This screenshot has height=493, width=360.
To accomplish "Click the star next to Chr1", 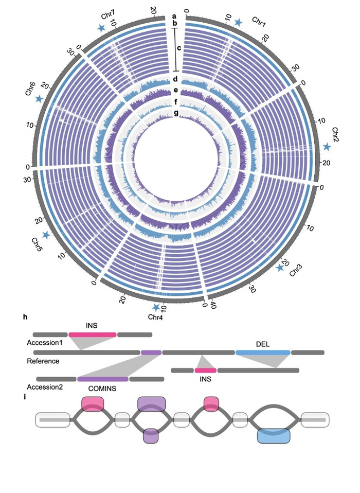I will pyautogui.click(x=238, y=23).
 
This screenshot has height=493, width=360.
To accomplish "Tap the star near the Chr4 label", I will pyautogui.click(x=156, y=308).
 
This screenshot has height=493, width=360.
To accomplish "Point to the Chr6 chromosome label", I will pyautogui.click(x=30, y=89).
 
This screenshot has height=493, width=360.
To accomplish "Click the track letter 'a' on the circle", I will pyautogui.click(x=175, y=16).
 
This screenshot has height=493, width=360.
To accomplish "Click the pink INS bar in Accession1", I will pyautogui.click(x=93, y=334).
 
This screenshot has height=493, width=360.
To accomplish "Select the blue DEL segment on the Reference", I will pyautogui.click(x=263, y=353).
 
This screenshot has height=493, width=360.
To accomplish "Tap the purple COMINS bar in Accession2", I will pyautogui.click(x=103, y=379).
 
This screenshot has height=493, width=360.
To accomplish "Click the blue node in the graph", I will pyautogui.click(x=274, y=436).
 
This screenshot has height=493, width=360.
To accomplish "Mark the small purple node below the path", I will pyautogui.click(x=151, y=436).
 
